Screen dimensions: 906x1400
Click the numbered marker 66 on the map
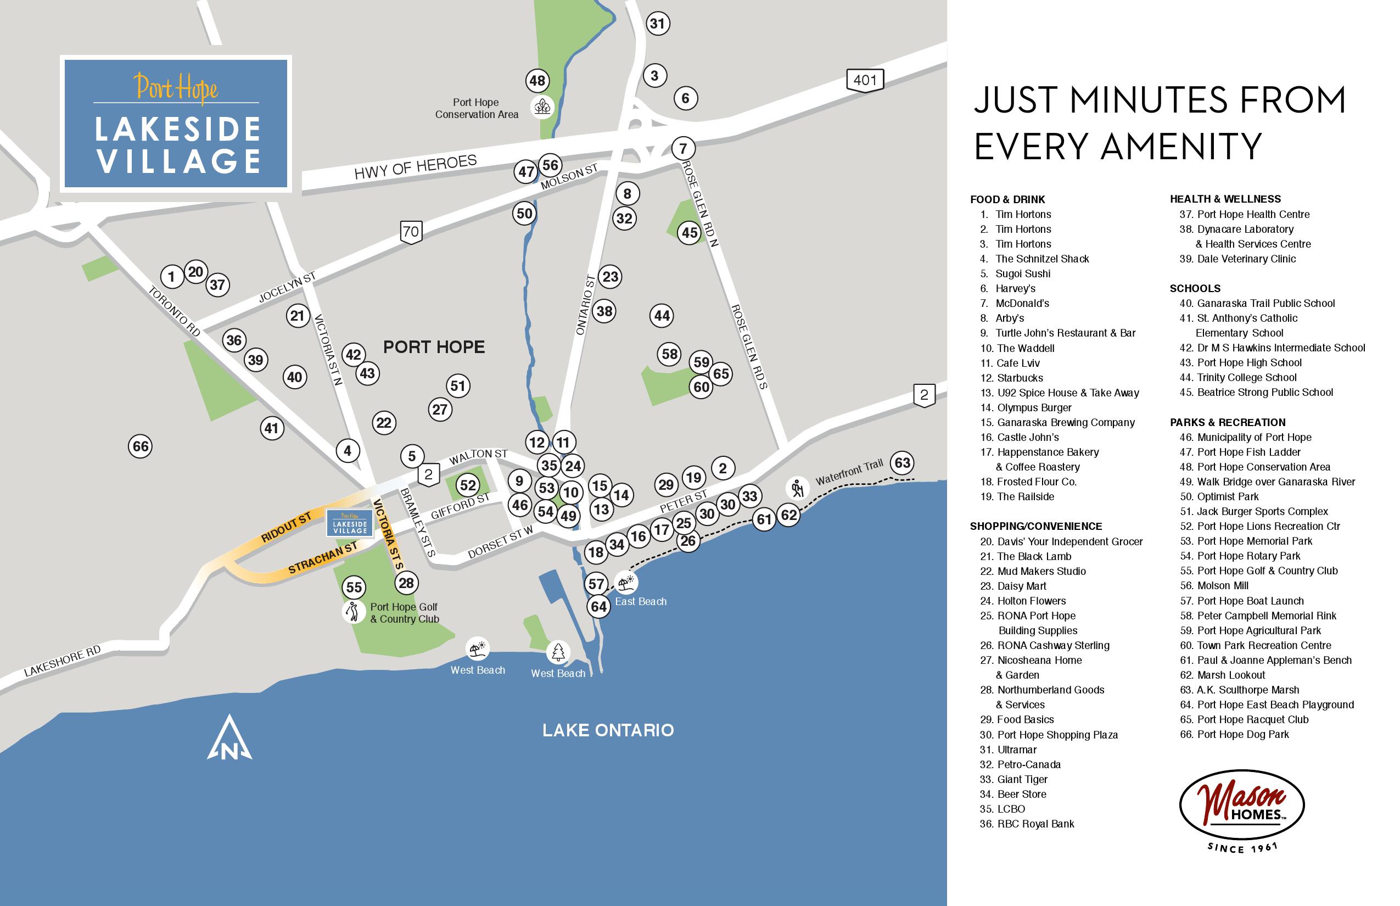pyautogui.click(x=140, y=446)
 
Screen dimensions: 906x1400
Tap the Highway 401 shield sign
pyautogui.click(x=865, y=80)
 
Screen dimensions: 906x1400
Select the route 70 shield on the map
pyautogui.click(x=411, y=231)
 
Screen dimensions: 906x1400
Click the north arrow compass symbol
pyautogui.click(x=229, y=739)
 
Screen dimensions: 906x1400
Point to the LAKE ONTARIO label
pyautogui.click(x=608, y=730)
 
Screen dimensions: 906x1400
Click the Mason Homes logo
pyautogui.click(x=1242, y=806)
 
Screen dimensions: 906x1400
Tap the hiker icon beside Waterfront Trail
pyautogui.click(x=797, y=488)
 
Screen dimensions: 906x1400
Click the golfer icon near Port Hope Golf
pyautogui.click(x=354, y=612)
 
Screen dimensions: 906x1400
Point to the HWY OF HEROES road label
pyautogui.click(x=415, y=167)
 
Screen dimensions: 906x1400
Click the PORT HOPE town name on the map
pyautogui.click(x=434, y=347)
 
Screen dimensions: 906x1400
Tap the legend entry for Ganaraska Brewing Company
pyautogui.click(x=1065, y=422)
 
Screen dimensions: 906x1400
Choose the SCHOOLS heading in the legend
pyautogui.click(x=1195, y=288)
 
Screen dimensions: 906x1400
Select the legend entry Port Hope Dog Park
pyautogui.click(x=1242, y=734)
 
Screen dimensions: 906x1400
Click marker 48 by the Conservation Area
pyautogui.click(x=537, y=81)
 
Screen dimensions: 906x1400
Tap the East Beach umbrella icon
pyautogui.click(x=626, y=583)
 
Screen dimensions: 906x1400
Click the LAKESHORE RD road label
pyautogui.click(x=63, y=661)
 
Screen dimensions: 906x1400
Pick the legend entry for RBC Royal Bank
pyautogui.click(x=1035, y=824)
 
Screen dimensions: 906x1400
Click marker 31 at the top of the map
pyautogui.click(x=657, y=24)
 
